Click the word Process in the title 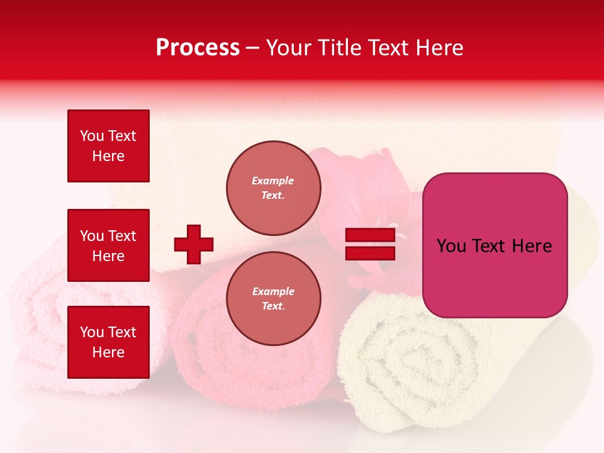click(198, 48)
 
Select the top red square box click(108, 146)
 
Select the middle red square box click(108, 245)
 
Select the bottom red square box click(108, 342)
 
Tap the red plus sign click(194, 244)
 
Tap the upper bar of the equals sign click(370, 235)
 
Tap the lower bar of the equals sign click(370, 254)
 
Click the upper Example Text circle click(273, 188)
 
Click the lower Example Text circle click(273, 299)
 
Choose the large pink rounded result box click(495, 245)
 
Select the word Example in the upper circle click(273, 181)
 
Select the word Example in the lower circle click(273, 291)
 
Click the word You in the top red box click(92, 136)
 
